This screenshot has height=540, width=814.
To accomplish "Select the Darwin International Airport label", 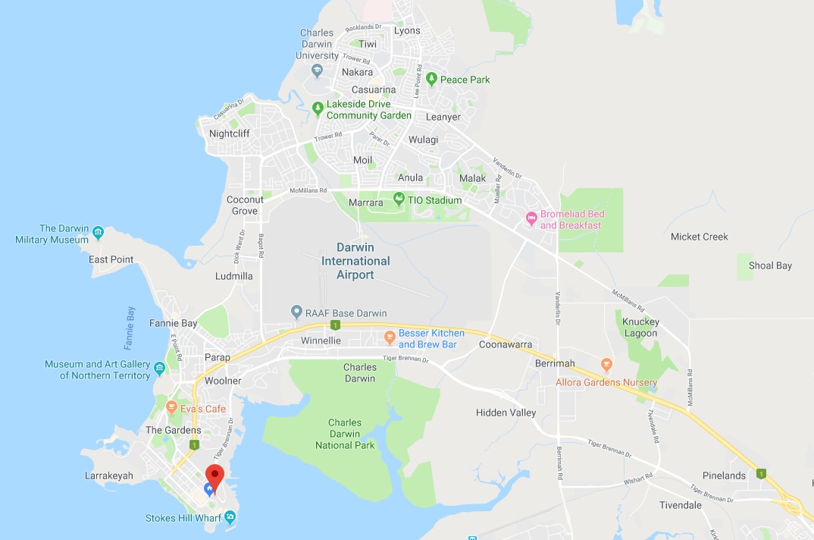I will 355,261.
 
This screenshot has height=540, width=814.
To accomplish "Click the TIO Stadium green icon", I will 399,199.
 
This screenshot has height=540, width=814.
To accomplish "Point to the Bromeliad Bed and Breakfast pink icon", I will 531,218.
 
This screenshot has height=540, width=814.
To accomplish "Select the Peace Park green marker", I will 431,79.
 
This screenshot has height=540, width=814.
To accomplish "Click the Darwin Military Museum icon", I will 98,231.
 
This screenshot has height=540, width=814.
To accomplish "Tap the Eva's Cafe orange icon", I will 172,408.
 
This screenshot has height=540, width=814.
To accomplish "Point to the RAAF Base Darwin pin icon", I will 297,312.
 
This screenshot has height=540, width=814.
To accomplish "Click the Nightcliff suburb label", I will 229,133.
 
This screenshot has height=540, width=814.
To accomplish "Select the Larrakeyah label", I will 110,476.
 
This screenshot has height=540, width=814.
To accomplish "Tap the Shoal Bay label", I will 770,265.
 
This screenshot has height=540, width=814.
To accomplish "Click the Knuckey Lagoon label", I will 640,327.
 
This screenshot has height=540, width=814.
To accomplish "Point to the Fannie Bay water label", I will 130,328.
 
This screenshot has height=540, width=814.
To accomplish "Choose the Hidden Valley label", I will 506,413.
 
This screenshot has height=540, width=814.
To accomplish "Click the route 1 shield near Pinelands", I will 761,474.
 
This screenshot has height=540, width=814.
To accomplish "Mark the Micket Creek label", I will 699,237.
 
